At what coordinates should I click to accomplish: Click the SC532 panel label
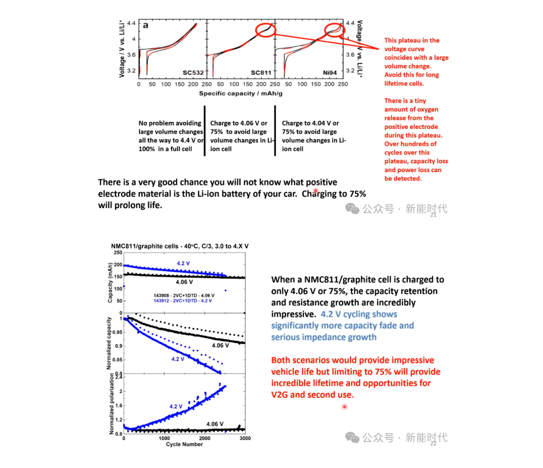(193, 72)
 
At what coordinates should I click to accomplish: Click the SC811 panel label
(261, 72)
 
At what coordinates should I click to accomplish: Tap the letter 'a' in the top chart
(145, 25)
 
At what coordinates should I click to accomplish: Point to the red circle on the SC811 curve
(265, 29)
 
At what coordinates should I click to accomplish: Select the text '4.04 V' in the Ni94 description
(326, 123)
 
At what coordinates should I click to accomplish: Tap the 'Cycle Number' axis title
(184, 444)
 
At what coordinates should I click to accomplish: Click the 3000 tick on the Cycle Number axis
(244, 439)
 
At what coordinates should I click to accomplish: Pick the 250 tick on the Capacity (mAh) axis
(118, 253)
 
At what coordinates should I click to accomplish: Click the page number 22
(434, 444)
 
